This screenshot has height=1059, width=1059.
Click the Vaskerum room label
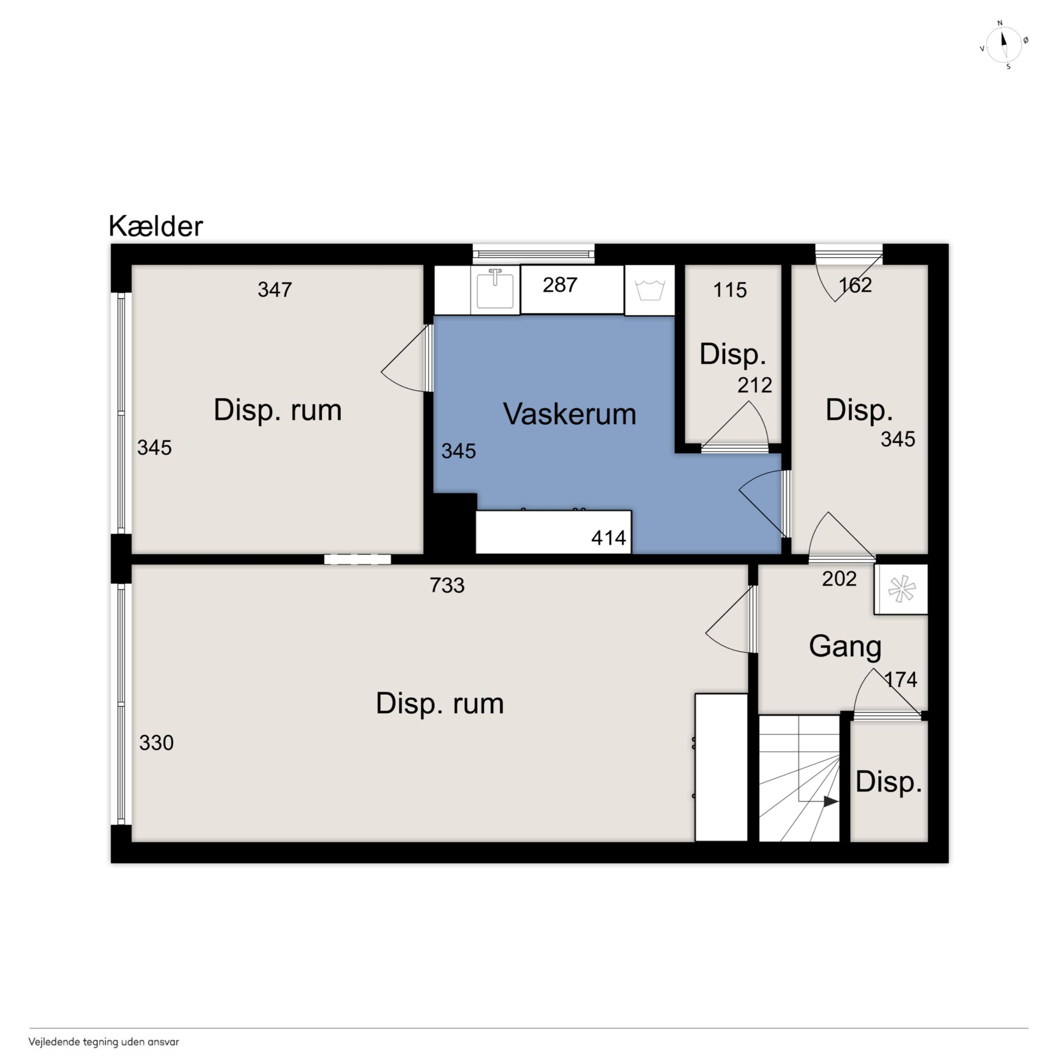[x=569, y=414]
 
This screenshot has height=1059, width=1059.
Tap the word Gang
[x=845, y=647]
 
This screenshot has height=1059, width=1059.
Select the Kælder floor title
[x=156, y=225]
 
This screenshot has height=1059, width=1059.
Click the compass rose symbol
[x=1004, y=45]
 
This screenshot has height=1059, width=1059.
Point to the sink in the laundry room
[x=495, y=290]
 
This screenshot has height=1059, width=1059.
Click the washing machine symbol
[x=650, y=290]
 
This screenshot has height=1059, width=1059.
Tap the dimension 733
[x=447, y=585]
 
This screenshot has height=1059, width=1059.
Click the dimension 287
[x=560, y=285]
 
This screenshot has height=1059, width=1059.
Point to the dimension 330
[x=156, y=743]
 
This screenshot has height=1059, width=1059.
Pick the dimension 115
[x=729, y=290]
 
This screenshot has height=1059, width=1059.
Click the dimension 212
[x=755, y=385]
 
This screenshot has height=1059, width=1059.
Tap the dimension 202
[x=839, y=579]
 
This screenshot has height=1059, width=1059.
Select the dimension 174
[x=901, y=680]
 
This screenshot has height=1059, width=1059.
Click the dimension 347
[x=275, y=290]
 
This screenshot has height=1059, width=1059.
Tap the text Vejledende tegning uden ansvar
[x=103, y=1042]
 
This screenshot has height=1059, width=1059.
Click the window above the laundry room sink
[x=533, y=254]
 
